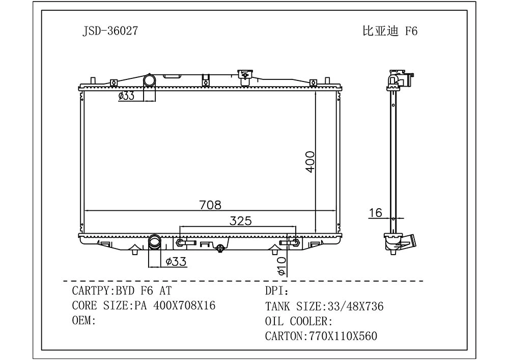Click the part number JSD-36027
[x=110, y=31]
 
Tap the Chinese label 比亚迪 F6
[x=390, y=31]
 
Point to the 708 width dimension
[x=210, y=205]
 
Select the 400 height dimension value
[x=310, y=161]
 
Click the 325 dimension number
[x=241, y=221]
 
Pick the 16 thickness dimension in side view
[x=375, y=213]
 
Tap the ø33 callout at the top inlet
[x=126, y=95]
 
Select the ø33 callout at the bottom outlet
[x=176, y=261]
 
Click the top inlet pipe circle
[x=150, y=80]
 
